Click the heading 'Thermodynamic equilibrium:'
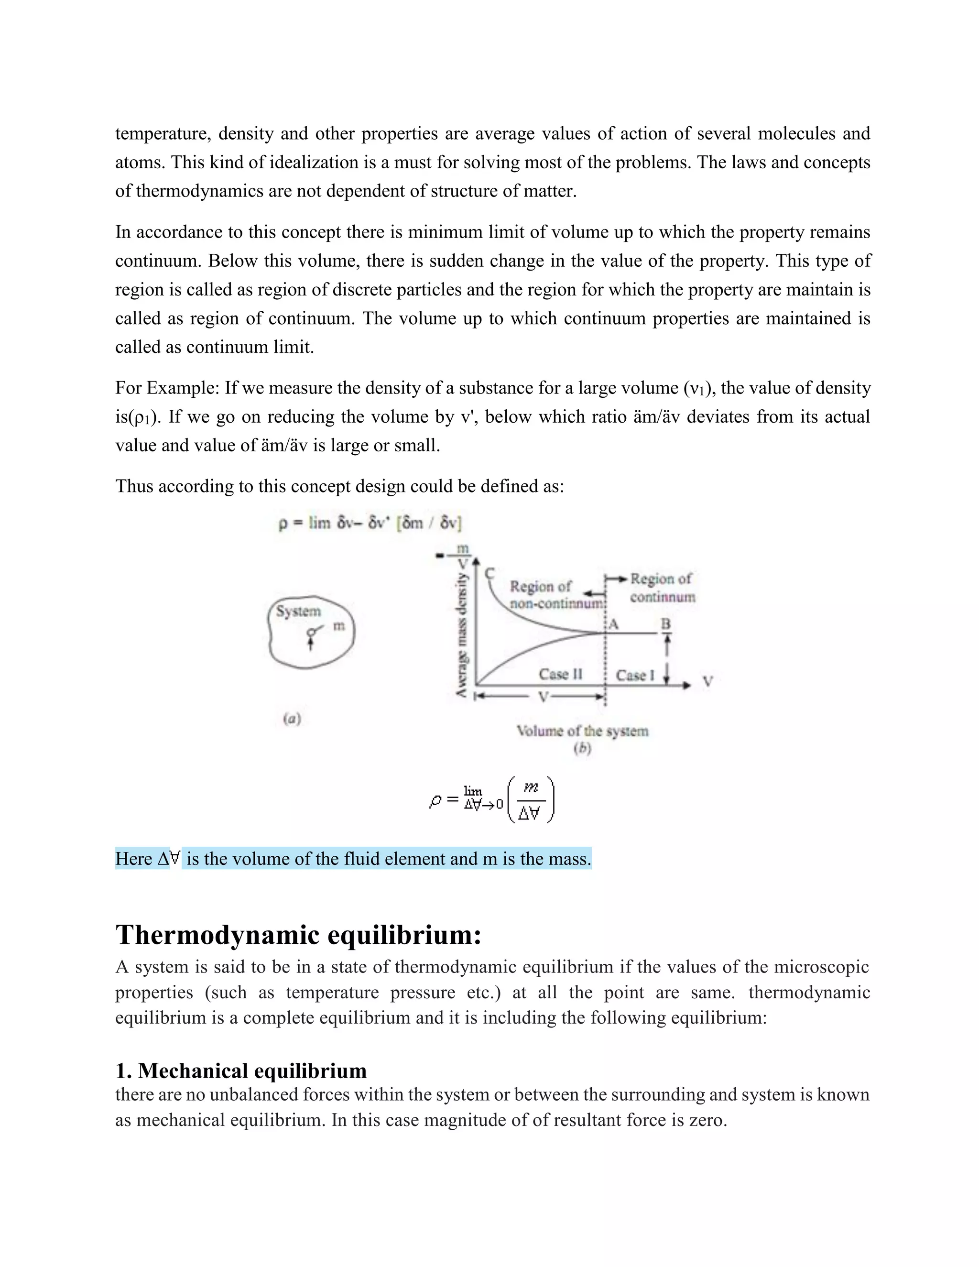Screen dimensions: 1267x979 point(298,935)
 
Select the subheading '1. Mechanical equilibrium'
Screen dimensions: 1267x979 point(241,1070)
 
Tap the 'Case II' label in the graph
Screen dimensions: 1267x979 point(560,674)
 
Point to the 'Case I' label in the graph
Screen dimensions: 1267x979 point(634,675)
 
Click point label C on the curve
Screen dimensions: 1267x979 point(489,574)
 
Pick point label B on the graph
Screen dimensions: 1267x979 point(666,624)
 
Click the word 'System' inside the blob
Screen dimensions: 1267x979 point(298,612)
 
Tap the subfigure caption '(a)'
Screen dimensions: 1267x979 point(292,719)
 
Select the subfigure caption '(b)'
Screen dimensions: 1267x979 point(582,748)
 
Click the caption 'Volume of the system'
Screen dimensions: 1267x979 point(582,731)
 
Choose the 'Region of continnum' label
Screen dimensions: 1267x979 point(662,588)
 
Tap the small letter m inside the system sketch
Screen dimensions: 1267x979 point(339,626)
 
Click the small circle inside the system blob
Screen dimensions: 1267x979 point(312,632)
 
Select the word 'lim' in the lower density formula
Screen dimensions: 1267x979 point(473,791)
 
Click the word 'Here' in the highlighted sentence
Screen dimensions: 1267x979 point(133,859)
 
